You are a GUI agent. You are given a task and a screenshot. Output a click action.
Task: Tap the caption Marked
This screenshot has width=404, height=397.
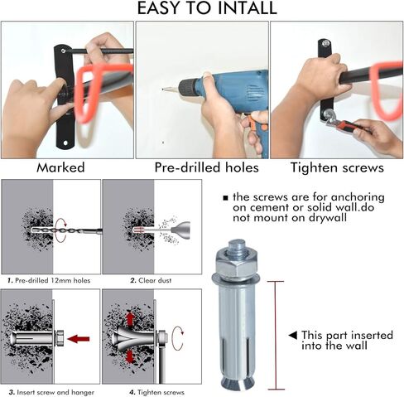tap(67, 167)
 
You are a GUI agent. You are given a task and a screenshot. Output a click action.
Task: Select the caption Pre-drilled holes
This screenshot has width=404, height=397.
tap(202, 167)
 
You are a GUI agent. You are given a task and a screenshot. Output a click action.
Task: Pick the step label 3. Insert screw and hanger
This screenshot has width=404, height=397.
tap(50, 390)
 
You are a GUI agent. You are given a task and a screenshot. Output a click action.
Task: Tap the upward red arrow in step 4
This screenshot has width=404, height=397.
tap(130, 318)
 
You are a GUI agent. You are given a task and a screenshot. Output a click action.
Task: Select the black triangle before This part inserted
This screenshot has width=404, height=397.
tap(292, 335)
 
